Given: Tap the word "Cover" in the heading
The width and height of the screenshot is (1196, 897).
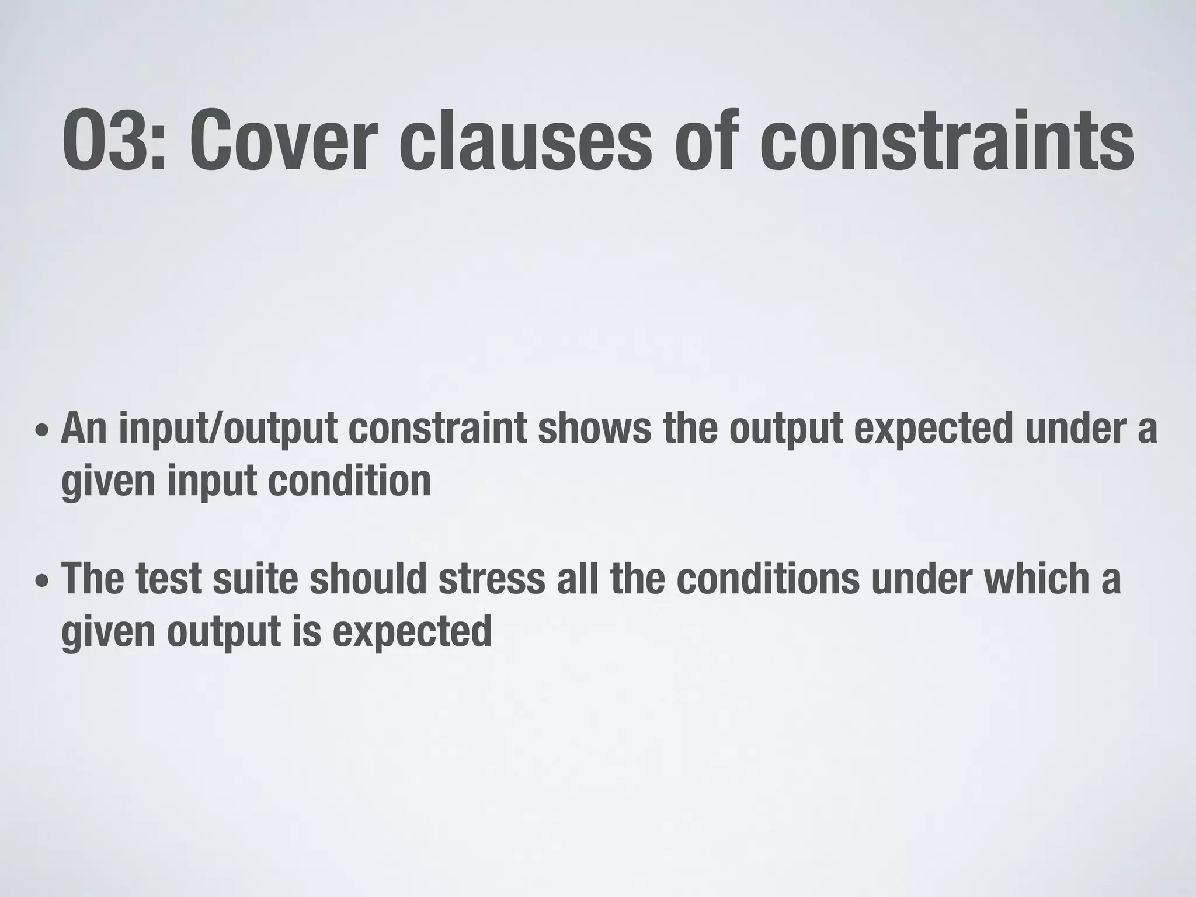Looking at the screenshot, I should pos(280,142).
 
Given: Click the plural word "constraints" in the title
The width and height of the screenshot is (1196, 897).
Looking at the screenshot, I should pos(947,142).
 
